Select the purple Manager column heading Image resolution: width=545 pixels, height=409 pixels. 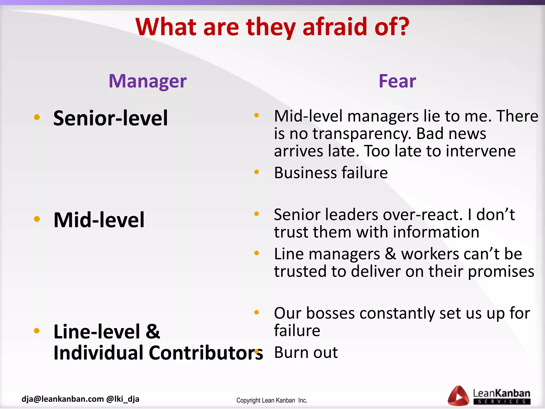point(148,81)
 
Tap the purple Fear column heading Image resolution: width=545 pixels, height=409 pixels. point(397,81)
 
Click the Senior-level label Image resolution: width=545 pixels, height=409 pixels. point(110,118)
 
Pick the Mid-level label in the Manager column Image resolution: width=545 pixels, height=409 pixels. point(99,220)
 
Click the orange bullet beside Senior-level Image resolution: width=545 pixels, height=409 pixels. point(37,117)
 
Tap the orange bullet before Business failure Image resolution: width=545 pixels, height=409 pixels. point(257,172)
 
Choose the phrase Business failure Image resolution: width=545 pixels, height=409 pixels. point(331,173)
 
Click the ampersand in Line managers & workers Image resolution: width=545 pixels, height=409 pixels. point(390,254)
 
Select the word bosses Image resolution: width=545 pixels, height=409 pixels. point(331,313)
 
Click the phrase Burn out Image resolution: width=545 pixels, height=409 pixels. point(306,353)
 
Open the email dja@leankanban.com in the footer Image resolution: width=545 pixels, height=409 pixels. point(63,399)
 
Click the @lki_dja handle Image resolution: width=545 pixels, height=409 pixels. point(123,399)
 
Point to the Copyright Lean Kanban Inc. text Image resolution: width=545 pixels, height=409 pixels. point(272,400)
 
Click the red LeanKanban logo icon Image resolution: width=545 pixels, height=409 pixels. point(458,396)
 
